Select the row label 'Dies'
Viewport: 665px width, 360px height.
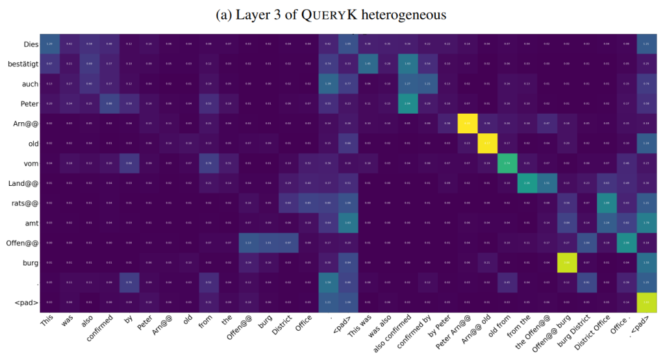click(x=27, y=44)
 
